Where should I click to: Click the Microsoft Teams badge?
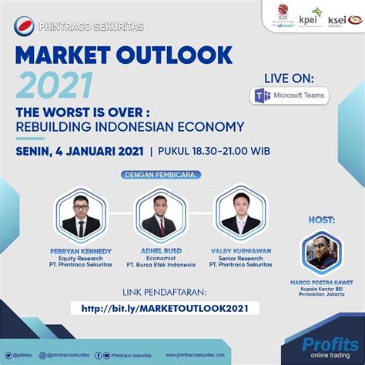(290, 96)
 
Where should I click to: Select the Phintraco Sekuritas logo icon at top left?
(24, 25)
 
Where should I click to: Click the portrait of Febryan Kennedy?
(81, 215)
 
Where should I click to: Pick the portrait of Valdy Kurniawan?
(239, 215)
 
